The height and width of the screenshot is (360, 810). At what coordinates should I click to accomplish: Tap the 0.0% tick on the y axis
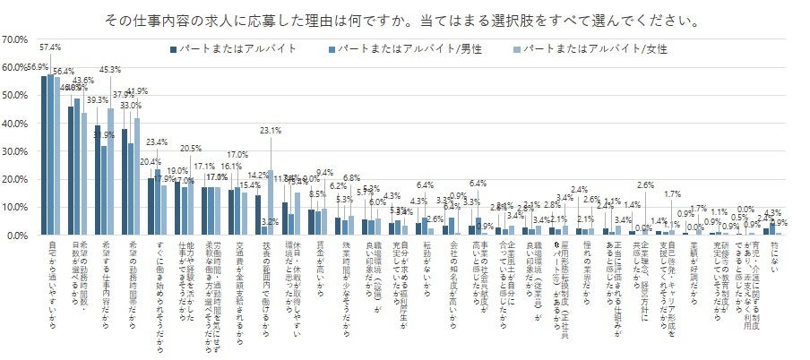18,236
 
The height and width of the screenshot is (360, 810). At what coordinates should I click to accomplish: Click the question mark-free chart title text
402,19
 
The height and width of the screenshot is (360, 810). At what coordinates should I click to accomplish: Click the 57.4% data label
51,47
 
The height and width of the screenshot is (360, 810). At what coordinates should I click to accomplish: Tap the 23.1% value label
271,131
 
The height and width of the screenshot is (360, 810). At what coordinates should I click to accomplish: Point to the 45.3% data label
111,69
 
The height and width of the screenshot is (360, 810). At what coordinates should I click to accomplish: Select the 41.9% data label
137,91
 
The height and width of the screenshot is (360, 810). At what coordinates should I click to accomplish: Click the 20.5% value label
191,149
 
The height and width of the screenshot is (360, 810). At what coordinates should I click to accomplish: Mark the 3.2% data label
267,220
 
